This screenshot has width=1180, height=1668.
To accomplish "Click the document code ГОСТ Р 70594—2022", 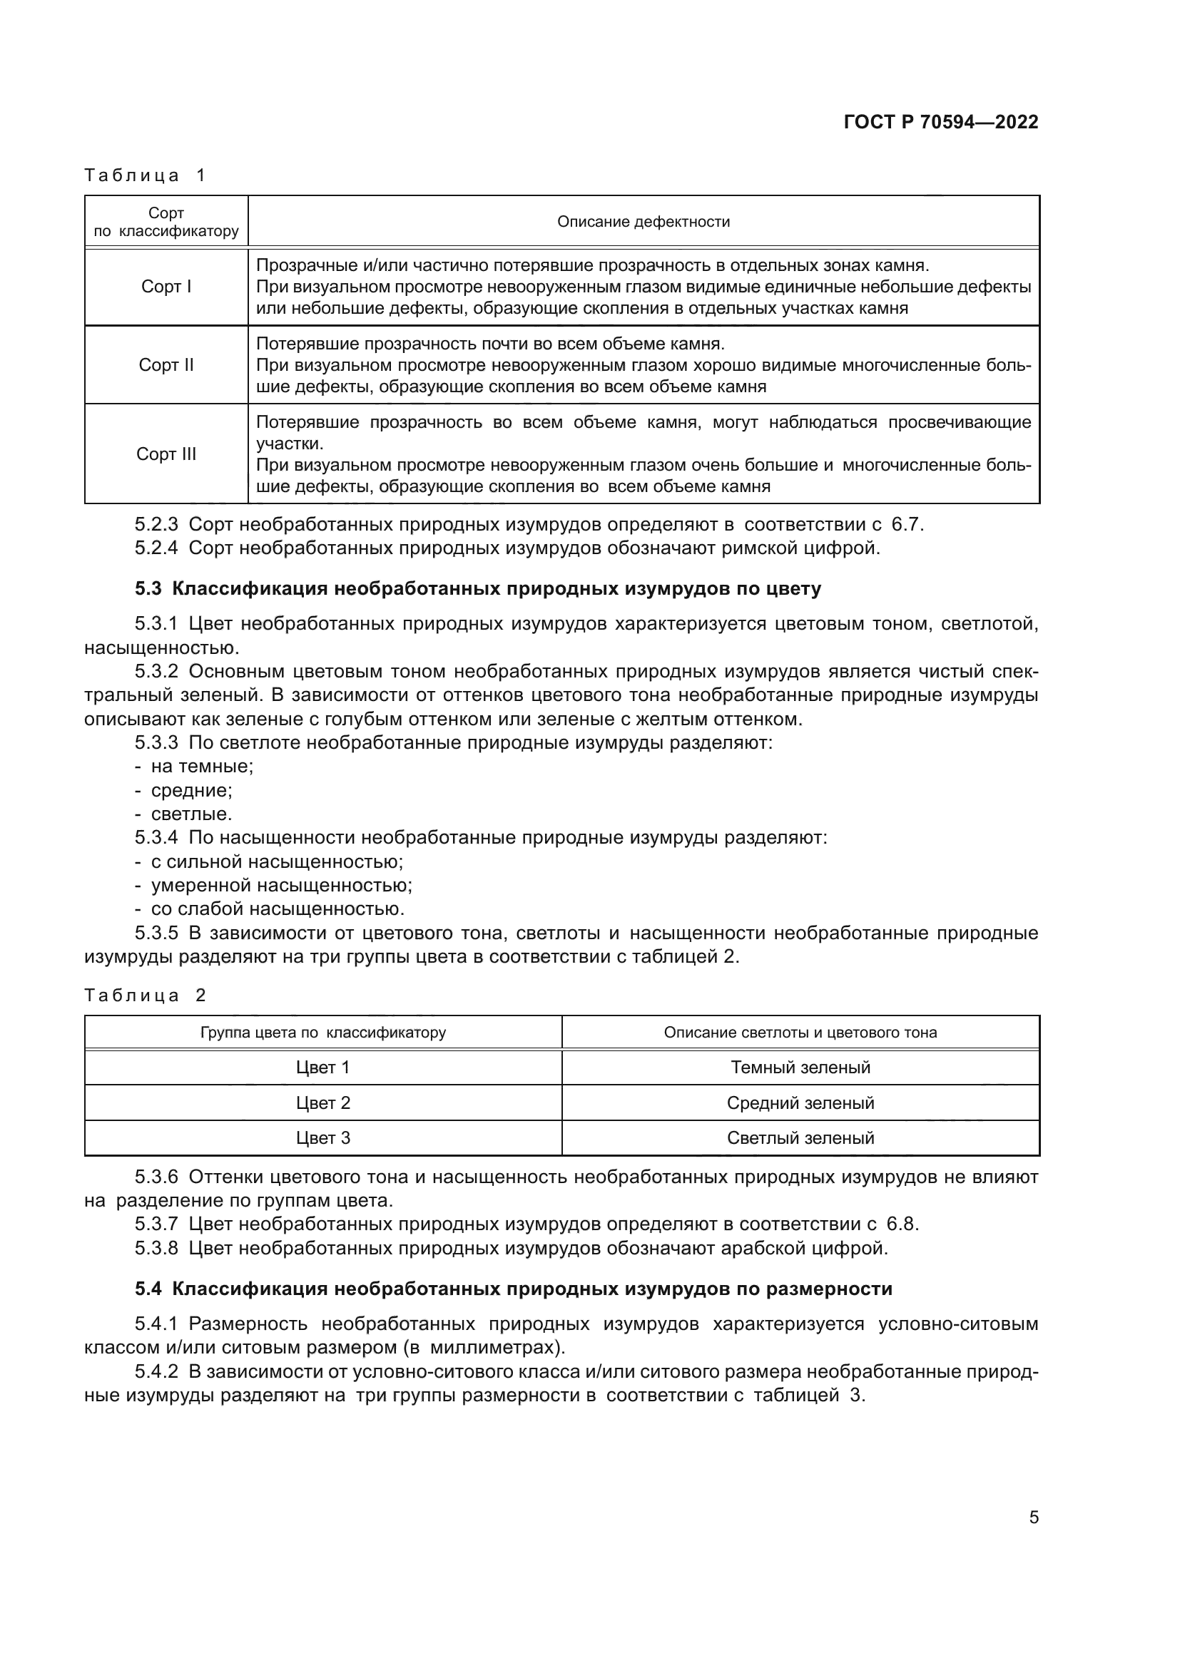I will [x=940, y=122].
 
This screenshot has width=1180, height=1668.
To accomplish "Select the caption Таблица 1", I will [x=146, y=175].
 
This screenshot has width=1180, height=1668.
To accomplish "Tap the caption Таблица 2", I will [x=146, y=996].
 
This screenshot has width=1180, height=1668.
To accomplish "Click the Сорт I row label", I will [x=166, y=287].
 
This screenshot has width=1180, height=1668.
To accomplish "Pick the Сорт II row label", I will [x=166, y=364].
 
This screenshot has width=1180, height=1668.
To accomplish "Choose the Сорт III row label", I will [x=166, y=454].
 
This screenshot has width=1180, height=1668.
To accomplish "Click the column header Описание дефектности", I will [x=643, y=222].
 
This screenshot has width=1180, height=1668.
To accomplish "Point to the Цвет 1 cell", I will [x=322, y=1068].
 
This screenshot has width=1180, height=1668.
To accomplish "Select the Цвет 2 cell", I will [x=322, y=1102].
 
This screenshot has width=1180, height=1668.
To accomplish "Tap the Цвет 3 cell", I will [x=322, y=1137].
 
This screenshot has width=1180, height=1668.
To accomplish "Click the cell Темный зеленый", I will [x=800, y=1068].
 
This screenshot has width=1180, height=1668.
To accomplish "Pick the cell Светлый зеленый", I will [x=800, y=1137].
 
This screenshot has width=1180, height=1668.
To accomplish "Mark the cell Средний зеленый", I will [x=800, y=1102].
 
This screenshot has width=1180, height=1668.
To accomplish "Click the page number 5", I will [x=1033, y=1517].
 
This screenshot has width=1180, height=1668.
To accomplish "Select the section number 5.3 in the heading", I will [x=148, y=588].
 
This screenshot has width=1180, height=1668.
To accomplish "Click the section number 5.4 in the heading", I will [x=148, y=1289].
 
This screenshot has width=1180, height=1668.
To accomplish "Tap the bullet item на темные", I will [x=201, y=767].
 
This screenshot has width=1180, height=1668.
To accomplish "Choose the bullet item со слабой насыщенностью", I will [x=277, y=909].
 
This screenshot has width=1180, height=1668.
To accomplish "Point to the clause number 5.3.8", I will [x=156, y=1248].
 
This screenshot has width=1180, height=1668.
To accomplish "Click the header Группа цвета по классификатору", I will [x=322, y=1033].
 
